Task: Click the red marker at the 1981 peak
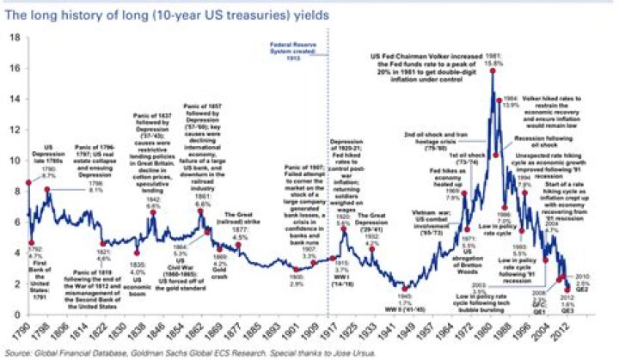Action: coord(493,70)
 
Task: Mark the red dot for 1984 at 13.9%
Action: coord(499,101)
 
